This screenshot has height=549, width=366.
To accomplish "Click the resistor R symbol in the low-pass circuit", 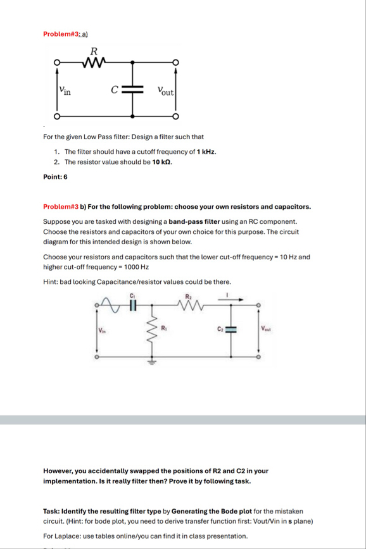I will (x=94, y=62).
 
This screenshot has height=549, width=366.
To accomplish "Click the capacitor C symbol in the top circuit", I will (x=133, y=89).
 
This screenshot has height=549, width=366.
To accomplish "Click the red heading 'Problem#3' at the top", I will (x=60, y=34).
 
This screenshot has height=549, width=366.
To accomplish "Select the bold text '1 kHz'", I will (x=206, y=152).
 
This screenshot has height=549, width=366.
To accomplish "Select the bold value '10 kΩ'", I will (x=162, y=162).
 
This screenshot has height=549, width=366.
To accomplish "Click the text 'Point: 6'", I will (x=55, y=177).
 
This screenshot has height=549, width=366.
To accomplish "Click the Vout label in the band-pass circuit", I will (x=267, y=328).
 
